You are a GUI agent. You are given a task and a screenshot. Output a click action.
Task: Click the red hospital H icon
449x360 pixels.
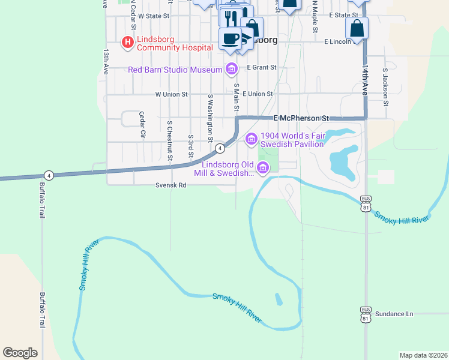click(x=127, y=43)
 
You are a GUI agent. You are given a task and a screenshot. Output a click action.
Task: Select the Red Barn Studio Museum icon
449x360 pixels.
click(x=231, y=70)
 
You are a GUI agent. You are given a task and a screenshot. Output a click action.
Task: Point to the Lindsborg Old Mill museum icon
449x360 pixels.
click(x=262, y=171)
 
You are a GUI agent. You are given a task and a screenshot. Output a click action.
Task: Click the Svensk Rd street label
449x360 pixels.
click(x=170, y=185)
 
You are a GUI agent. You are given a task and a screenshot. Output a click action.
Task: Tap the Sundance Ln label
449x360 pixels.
click(x=394, y=314)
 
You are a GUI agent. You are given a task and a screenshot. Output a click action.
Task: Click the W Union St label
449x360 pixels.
click(x=171, y=94)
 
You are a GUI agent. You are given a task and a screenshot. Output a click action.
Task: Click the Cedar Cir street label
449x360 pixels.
click(x=142, y=125)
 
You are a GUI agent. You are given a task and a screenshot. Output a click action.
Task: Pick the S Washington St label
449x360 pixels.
click(x=211, y=117)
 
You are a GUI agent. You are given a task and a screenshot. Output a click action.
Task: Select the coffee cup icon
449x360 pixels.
click(x=230, y=39)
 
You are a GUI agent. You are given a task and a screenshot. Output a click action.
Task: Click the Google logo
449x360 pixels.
click(x=20, y=353)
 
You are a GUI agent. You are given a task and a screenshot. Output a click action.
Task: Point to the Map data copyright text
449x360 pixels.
click(x=423, y=355)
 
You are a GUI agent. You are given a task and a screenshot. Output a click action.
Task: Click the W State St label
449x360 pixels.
click(x=154, y=16)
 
